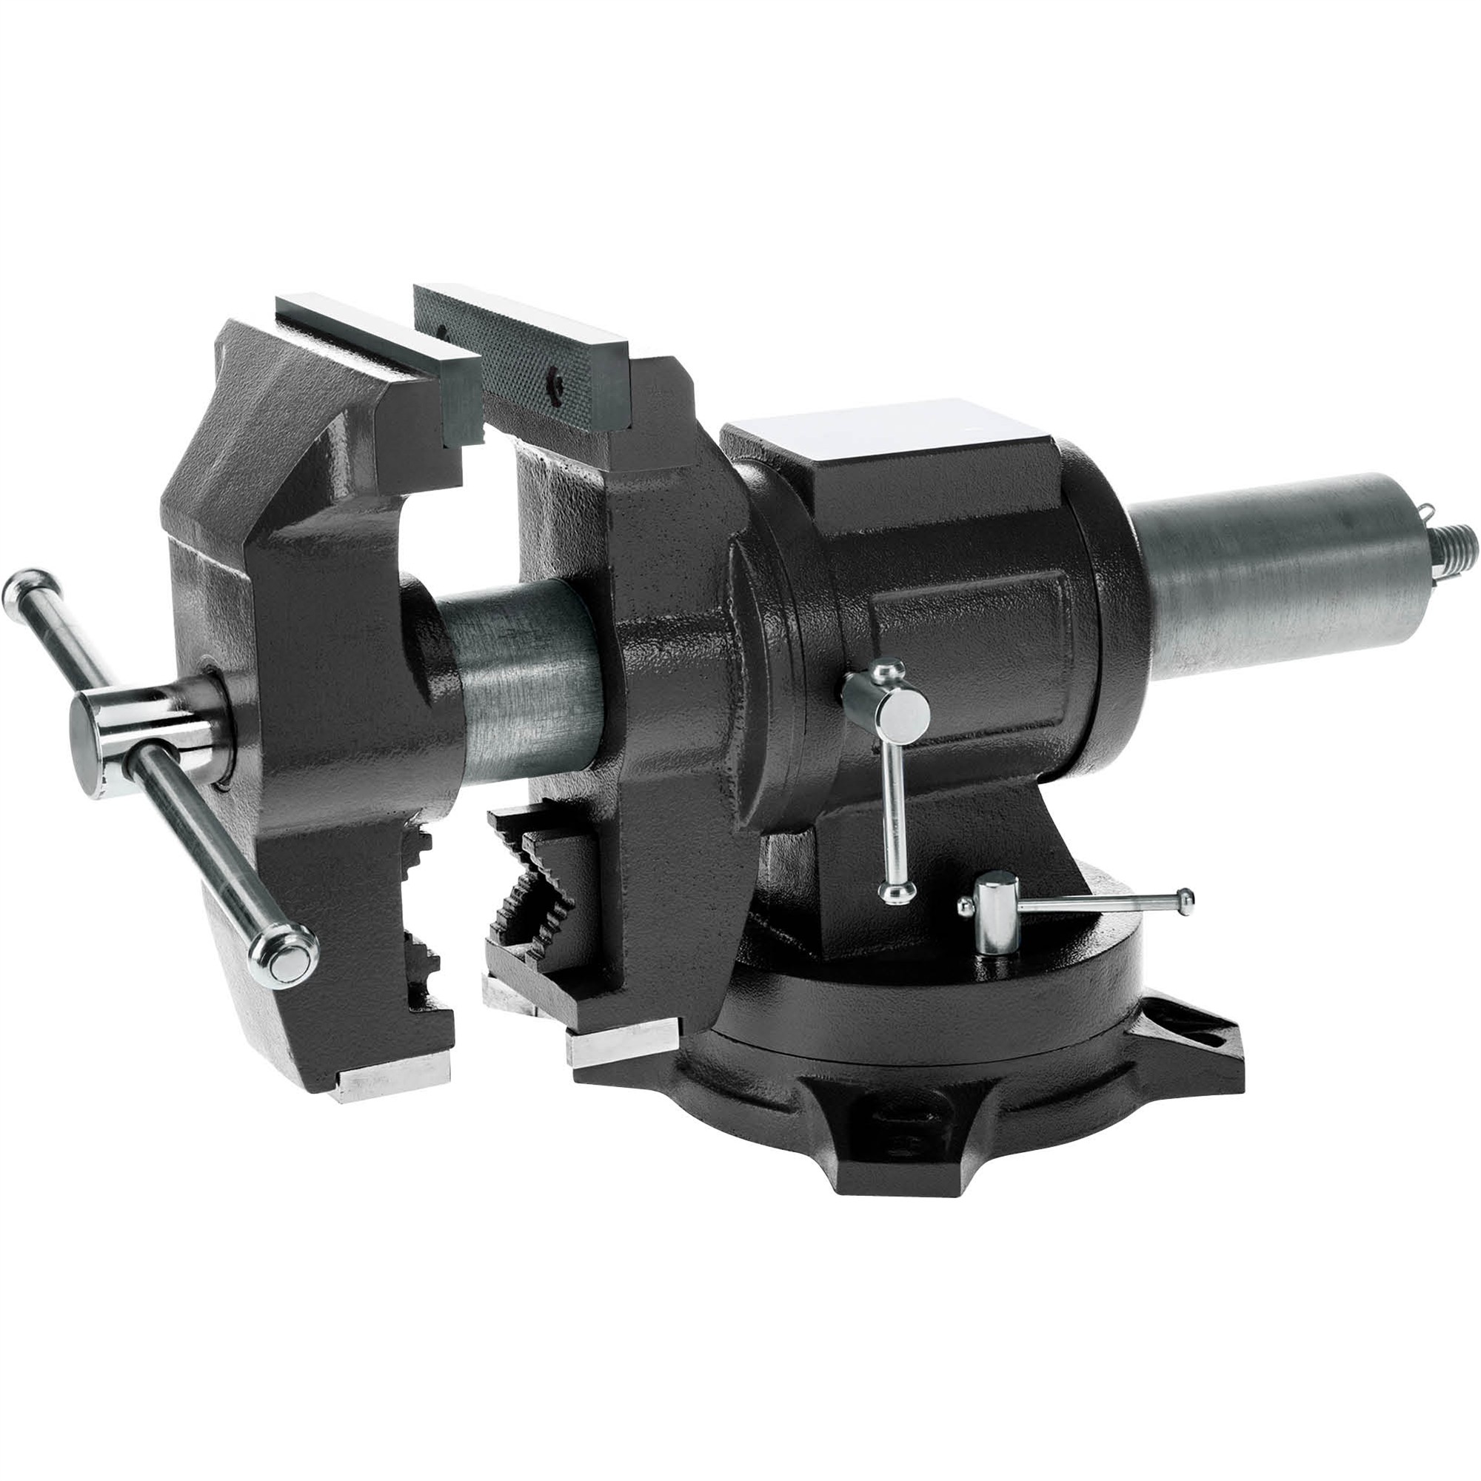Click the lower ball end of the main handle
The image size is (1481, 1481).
[x=286, y=957]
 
